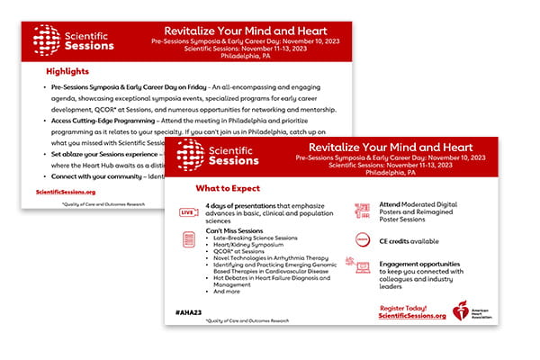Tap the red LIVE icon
188,212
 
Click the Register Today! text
412,308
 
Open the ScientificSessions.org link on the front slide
413,317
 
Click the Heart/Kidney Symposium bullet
251,246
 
